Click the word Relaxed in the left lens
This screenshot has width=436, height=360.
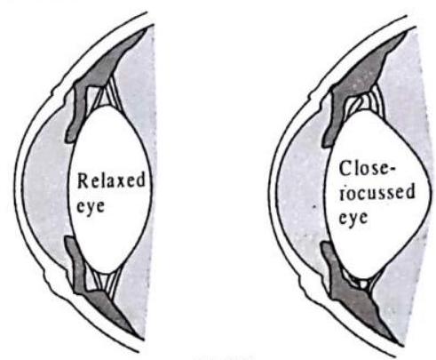coord(111,180)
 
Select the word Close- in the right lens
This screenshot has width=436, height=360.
coord(367,169)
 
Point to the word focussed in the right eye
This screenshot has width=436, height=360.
coord(377,192)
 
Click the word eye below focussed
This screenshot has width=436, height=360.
coord(353,218)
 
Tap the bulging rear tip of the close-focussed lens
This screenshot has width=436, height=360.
coord(430,194)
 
